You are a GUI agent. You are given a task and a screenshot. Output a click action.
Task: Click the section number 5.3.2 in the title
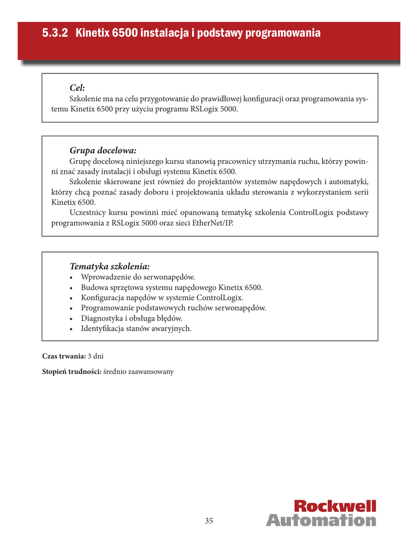(55, 33)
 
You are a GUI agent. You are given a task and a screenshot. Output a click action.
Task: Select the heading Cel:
(77, 88)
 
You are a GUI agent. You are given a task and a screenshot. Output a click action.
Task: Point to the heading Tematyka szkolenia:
(109, 266)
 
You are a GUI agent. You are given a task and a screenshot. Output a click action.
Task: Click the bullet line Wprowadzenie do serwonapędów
(138, 277)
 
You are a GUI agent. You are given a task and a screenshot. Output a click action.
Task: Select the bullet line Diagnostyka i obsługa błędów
(132, 318)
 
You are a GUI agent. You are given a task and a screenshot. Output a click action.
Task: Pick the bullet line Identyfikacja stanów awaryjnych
(136, 329)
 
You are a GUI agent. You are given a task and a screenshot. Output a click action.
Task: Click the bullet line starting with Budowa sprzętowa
(171, 287)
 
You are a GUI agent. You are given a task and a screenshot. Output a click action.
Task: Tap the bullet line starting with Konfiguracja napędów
(162, 297)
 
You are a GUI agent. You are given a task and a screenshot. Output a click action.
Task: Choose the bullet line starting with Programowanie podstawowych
(173, 308)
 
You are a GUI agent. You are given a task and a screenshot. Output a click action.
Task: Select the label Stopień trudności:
(71, 371)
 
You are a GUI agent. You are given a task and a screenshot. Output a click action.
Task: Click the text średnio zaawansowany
(138, 371)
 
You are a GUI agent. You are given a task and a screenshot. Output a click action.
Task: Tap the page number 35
(209, 521)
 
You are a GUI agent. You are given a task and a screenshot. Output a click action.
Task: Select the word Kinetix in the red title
(93, 33)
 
